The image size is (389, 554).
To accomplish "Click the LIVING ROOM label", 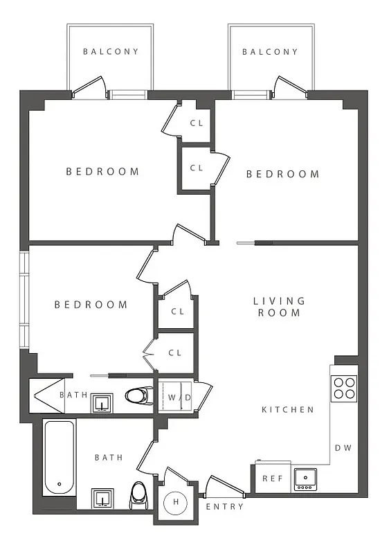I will [x=279, y=306].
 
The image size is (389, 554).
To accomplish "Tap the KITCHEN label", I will [x=287, y=409].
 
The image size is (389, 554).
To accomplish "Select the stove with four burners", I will [x=344, y=388].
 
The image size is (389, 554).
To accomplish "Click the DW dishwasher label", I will [x=343, y=447].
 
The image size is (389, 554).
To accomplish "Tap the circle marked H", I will [x=176, y=501].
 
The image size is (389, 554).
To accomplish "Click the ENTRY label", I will [x=225, y=506].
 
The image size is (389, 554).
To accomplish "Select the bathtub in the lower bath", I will [x=59, y=456].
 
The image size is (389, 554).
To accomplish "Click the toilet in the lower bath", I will [x=139, y=495].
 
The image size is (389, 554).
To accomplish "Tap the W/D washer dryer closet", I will [x=177, y=397].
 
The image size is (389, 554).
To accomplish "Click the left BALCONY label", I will [x=111, y=51].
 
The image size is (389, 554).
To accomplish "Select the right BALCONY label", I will [x=270, y=51].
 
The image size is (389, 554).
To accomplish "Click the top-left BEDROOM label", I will [x=102, y=171].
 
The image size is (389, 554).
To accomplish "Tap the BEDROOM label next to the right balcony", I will [x=283, y=174].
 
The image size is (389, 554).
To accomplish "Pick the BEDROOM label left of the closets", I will [x=91, y=304].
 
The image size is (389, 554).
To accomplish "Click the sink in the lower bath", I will [x=102, y=499].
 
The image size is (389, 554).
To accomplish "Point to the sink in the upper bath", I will [x=102, y=403].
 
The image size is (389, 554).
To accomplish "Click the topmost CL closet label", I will [x=197, y=123].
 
